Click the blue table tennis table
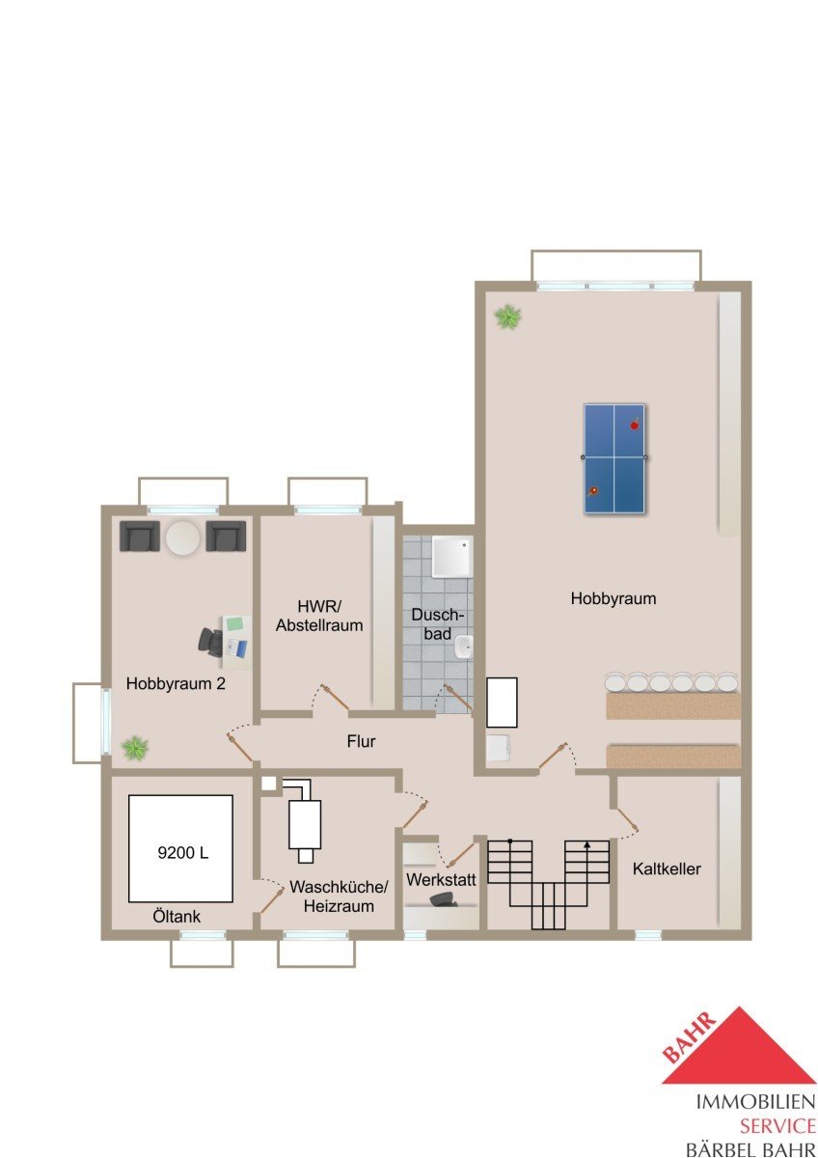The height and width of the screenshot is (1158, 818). [x=613, y=458]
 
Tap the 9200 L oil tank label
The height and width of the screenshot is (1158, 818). [x=183, y=852]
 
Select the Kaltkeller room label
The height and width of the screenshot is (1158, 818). [x=667, y=868]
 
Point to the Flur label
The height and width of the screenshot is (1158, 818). [x=361, y=741]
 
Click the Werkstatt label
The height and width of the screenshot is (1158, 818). [x=441, y=880]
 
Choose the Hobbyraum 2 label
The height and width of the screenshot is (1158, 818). [x=176, y=683]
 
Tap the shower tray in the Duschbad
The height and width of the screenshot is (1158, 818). [x=452, y=556]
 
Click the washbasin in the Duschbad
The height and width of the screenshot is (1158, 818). [x=464, y=648]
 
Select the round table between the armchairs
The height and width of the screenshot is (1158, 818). [x=183, y=538]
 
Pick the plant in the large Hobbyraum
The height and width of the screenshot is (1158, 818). [x=507, y=317]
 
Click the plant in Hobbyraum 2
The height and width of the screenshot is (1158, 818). [x=135, y=748]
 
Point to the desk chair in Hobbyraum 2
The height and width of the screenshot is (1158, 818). [x=210, y=642]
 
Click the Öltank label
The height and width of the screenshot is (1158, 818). [x=177, y=917]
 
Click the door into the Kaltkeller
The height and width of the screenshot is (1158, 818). [x=626, y=818]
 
